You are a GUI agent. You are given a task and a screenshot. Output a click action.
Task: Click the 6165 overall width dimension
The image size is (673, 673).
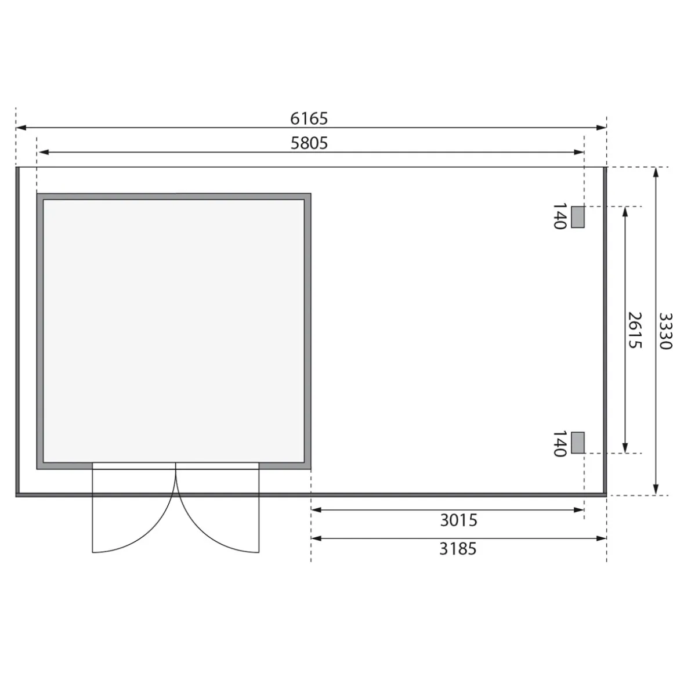[x=309, y=118]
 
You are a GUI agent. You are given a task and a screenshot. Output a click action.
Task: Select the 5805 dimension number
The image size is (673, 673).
[x=309, y=143]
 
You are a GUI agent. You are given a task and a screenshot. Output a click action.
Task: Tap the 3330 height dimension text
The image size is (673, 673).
[x=665, y=331]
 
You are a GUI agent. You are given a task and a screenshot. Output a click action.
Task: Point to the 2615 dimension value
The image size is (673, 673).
[x=634, y=330]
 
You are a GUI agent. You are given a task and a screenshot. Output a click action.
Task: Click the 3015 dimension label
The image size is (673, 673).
[x=458, y=520]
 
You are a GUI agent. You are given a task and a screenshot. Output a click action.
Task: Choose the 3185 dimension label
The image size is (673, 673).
[x=458, y=548]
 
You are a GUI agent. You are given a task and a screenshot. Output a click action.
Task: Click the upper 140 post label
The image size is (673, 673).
[x=560, y=216]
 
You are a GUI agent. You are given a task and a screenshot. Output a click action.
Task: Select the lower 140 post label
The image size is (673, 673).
[x=560, y=444]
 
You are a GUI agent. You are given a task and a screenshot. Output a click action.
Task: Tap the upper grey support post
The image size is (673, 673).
[x=578, y=217]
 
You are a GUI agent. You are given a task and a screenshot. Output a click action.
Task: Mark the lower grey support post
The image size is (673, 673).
[x=578, y=443]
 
